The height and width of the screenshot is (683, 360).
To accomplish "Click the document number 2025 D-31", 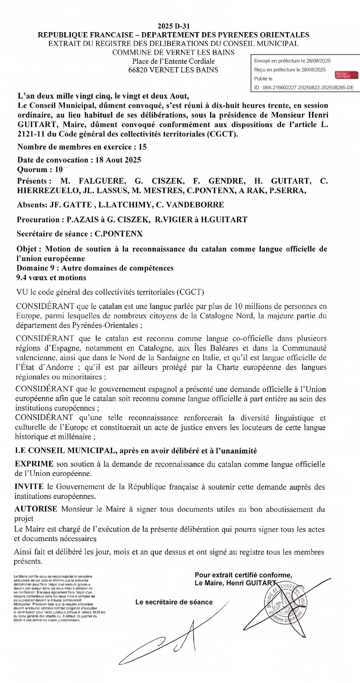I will (174, 26).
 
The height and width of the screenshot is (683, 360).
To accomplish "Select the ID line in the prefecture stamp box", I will (304, 88).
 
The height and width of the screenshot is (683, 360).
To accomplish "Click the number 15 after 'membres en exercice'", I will (143, 147).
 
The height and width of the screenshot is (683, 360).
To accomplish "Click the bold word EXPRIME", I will (34, 464).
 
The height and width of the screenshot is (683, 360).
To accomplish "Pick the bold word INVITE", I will (29, 487).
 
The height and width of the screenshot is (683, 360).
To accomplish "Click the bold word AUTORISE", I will (36, 509).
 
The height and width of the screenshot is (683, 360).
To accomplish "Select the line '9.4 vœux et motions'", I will (51, 277).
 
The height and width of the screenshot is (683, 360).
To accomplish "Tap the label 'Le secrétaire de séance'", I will (174, 602).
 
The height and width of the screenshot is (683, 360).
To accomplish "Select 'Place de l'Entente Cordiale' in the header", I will (173, 61).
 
